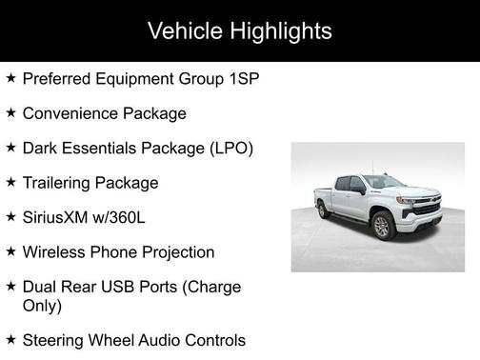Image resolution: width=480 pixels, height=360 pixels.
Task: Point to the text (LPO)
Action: [x=228, y=149]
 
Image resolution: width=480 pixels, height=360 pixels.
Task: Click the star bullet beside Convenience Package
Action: [x=10, y=112]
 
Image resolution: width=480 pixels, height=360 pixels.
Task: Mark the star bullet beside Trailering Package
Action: [x=10, y=182]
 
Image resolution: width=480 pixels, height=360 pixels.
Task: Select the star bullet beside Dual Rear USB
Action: [x=10, y=286]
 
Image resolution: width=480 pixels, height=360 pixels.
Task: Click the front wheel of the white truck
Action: [x=383, y=226]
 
